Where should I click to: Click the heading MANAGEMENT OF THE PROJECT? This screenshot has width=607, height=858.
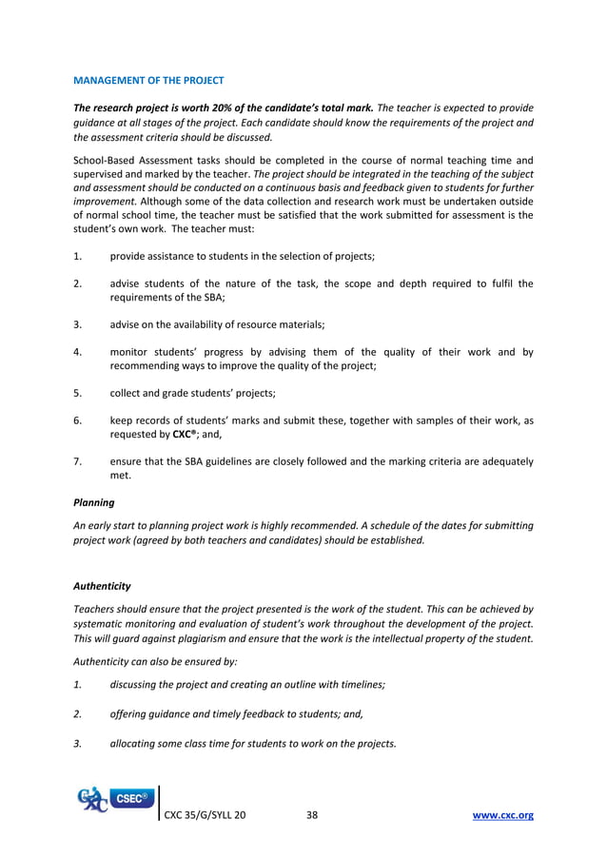click(x=148, y=79)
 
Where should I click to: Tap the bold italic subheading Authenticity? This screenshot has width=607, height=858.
click(x=102, y=586)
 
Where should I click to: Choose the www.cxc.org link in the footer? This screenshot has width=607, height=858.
click(x=503, y=815)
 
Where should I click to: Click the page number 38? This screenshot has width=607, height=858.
click(x=312, y=815)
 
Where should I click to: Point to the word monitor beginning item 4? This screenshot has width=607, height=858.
click(x=129, y=352)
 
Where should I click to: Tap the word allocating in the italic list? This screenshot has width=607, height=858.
click(x=136, y=743)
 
